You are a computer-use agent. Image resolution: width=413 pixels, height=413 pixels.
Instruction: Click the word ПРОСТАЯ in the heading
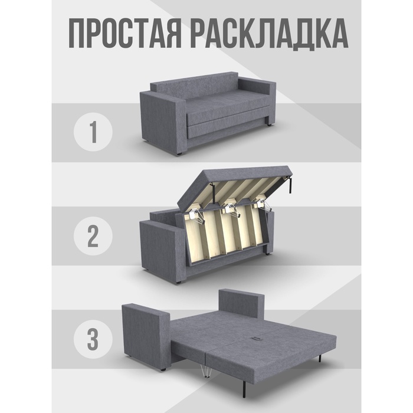(125, 34)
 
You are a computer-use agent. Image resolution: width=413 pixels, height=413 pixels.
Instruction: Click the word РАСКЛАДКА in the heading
(270, 34)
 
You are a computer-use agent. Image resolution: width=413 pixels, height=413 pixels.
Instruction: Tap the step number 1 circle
(93, 132)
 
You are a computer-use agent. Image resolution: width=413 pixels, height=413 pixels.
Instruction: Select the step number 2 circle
(93, 236)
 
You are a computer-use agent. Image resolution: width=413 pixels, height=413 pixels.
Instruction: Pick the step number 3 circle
(93, 339)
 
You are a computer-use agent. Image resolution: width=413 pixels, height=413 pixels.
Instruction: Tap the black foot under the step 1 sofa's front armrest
(180, 153)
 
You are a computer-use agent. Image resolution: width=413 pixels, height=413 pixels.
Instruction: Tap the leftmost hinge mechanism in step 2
(196, 217)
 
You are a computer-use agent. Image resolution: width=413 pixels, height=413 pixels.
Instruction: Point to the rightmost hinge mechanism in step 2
(264, 205)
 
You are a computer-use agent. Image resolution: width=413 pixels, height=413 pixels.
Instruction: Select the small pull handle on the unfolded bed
(256, 338)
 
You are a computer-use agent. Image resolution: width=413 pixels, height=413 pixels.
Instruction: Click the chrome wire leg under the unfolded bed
(205, 371)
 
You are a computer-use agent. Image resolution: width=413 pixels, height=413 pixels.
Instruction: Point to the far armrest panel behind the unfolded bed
(241, 303)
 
